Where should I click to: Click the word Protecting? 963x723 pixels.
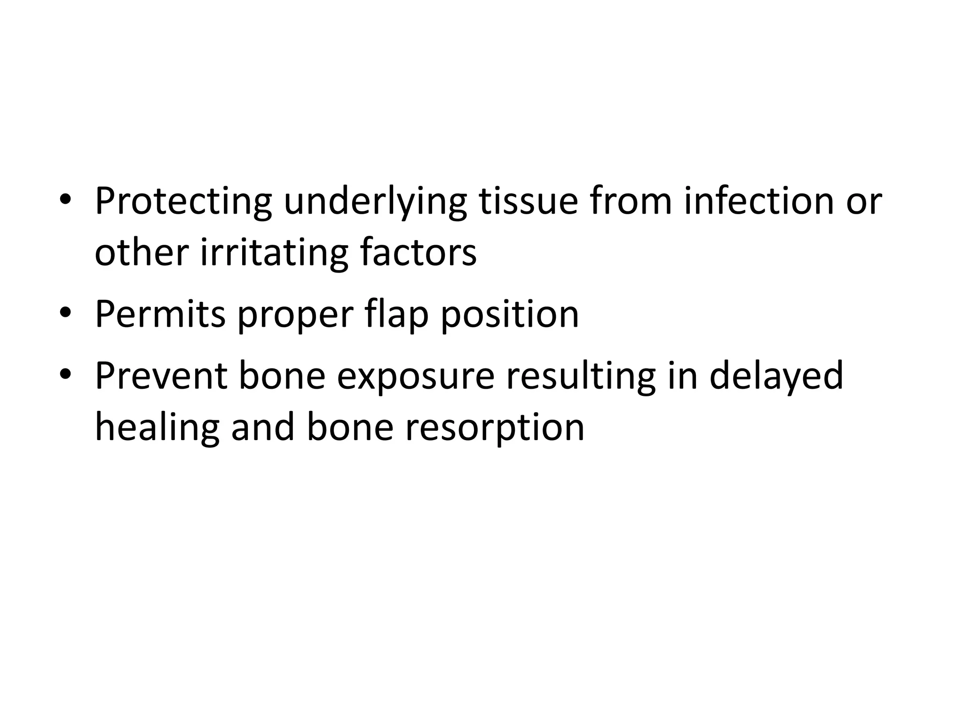tap(183, 201)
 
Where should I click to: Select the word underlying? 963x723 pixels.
tap(375, 201)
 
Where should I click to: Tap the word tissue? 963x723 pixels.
tap(528, 201)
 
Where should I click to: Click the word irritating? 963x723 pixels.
tap(274, 253)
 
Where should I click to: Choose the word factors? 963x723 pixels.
tap(418, 253)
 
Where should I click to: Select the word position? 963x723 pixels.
tap(509, 314)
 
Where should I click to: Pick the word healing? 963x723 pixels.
tap(157, 427)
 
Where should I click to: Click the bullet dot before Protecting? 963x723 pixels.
tap(65, 200)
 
